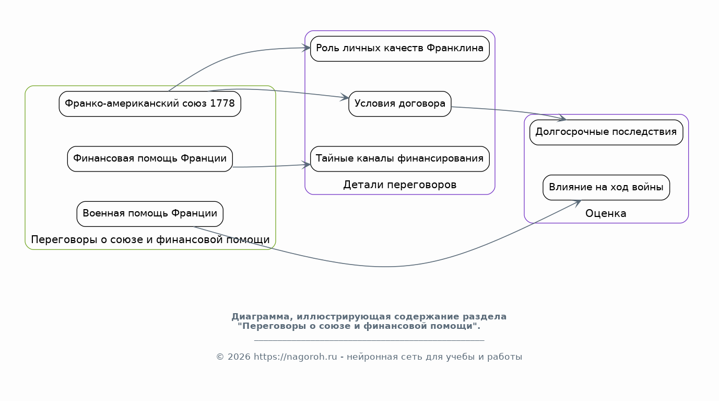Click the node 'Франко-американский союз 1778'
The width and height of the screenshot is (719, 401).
coord(150,104)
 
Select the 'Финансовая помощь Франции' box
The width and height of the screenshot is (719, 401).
coord(150,159)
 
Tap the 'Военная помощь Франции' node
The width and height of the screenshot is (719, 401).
coord(150,214)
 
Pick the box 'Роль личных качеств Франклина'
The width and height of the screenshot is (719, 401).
coord(400,49)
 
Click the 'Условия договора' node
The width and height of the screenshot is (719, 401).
coord(400,104)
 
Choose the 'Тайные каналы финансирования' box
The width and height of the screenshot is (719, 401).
coord(400,159)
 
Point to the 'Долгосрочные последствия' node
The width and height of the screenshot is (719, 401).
coord(606,132)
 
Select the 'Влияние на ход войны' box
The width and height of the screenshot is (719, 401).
coord(606,188)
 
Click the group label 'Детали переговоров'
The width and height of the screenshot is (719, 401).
coord(400,185)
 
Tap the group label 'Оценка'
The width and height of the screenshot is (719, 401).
coord(606,214)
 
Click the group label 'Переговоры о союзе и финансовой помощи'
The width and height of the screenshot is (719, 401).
coord(150,240)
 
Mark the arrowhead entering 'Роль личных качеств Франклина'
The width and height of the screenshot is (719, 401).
coord(306,48)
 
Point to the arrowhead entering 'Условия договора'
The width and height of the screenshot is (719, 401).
coord(345,97)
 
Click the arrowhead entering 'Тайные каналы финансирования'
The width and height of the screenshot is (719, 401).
coord(306,165)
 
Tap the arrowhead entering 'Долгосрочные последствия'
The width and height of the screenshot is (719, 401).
coord(562,118)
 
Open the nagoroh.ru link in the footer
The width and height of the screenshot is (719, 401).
coord(296,357)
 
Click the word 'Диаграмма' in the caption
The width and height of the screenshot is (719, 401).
coord(261,317)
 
